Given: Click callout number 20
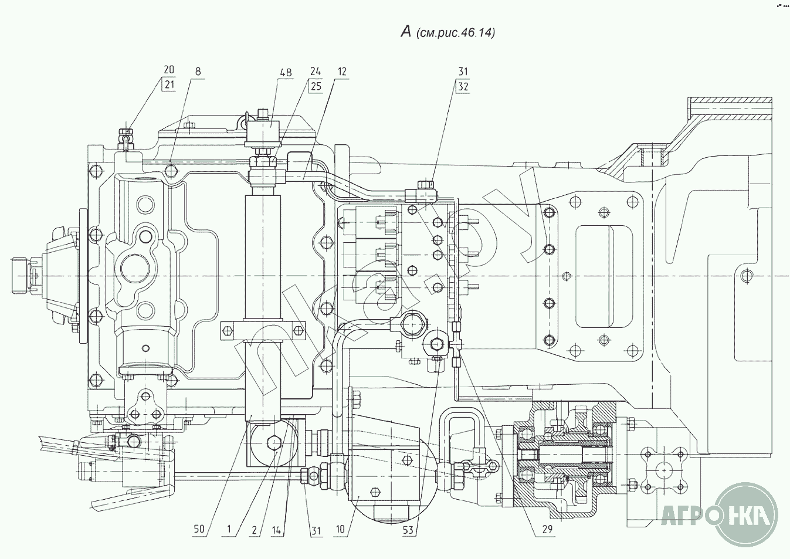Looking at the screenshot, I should click(x=169, y=71).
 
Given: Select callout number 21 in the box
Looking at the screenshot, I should click(x=169, y=85).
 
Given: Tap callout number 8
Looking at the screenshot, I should click(x=198, y=71).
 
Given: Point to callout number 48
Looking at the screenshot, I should click(x=285, y=73).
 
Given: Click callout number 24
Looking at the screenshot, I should click(x=316, y=72).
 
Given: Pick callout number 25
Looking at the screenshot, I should click(x=316, y=86).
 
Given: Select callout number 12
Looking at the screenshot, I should click(x=342, y=72).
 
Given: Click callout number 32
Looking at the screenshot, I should click(x=463, y=86).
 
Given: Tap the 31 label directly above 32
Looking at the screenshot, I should click(x=463, y=72).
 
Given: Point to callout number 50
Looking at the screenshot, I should click(x=199, y=529).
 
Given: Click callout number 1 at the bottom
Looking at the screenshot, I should click(x=229, y=529).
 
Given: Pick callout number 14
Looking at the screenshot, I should click(x=278, y=530).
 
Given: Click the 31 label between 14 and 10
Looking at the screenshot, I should click(x=316, y=531).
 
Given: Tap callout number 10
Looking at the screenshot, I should click(x=341, y=530).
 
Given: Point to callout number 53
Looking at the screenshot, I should click(x=408, y=531).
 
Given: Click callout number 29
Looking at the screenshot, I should click(x=547, y=529).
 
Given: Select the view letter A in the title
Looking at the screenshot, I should click(x=405, y=32).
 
